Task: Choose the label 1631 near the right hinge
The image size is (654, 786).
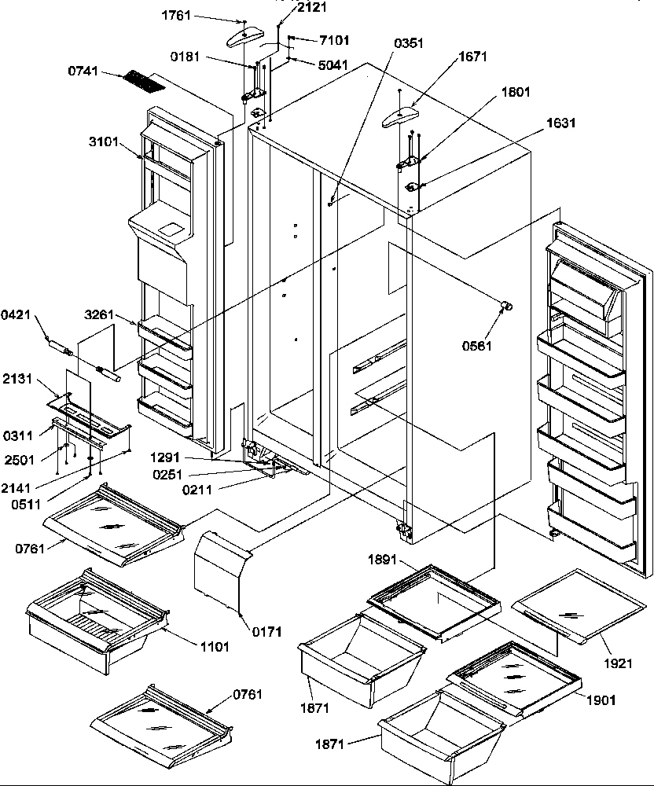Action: click(561, 123)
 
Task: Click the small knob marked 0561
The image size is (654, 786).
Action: click(506, 306)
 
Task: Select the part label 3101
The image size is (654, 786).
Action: click(104, 142)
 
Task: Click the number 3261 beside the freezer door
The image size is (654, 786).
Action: click(100, 315)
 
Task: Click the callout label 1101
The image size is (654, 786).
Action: click(215, 647)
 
